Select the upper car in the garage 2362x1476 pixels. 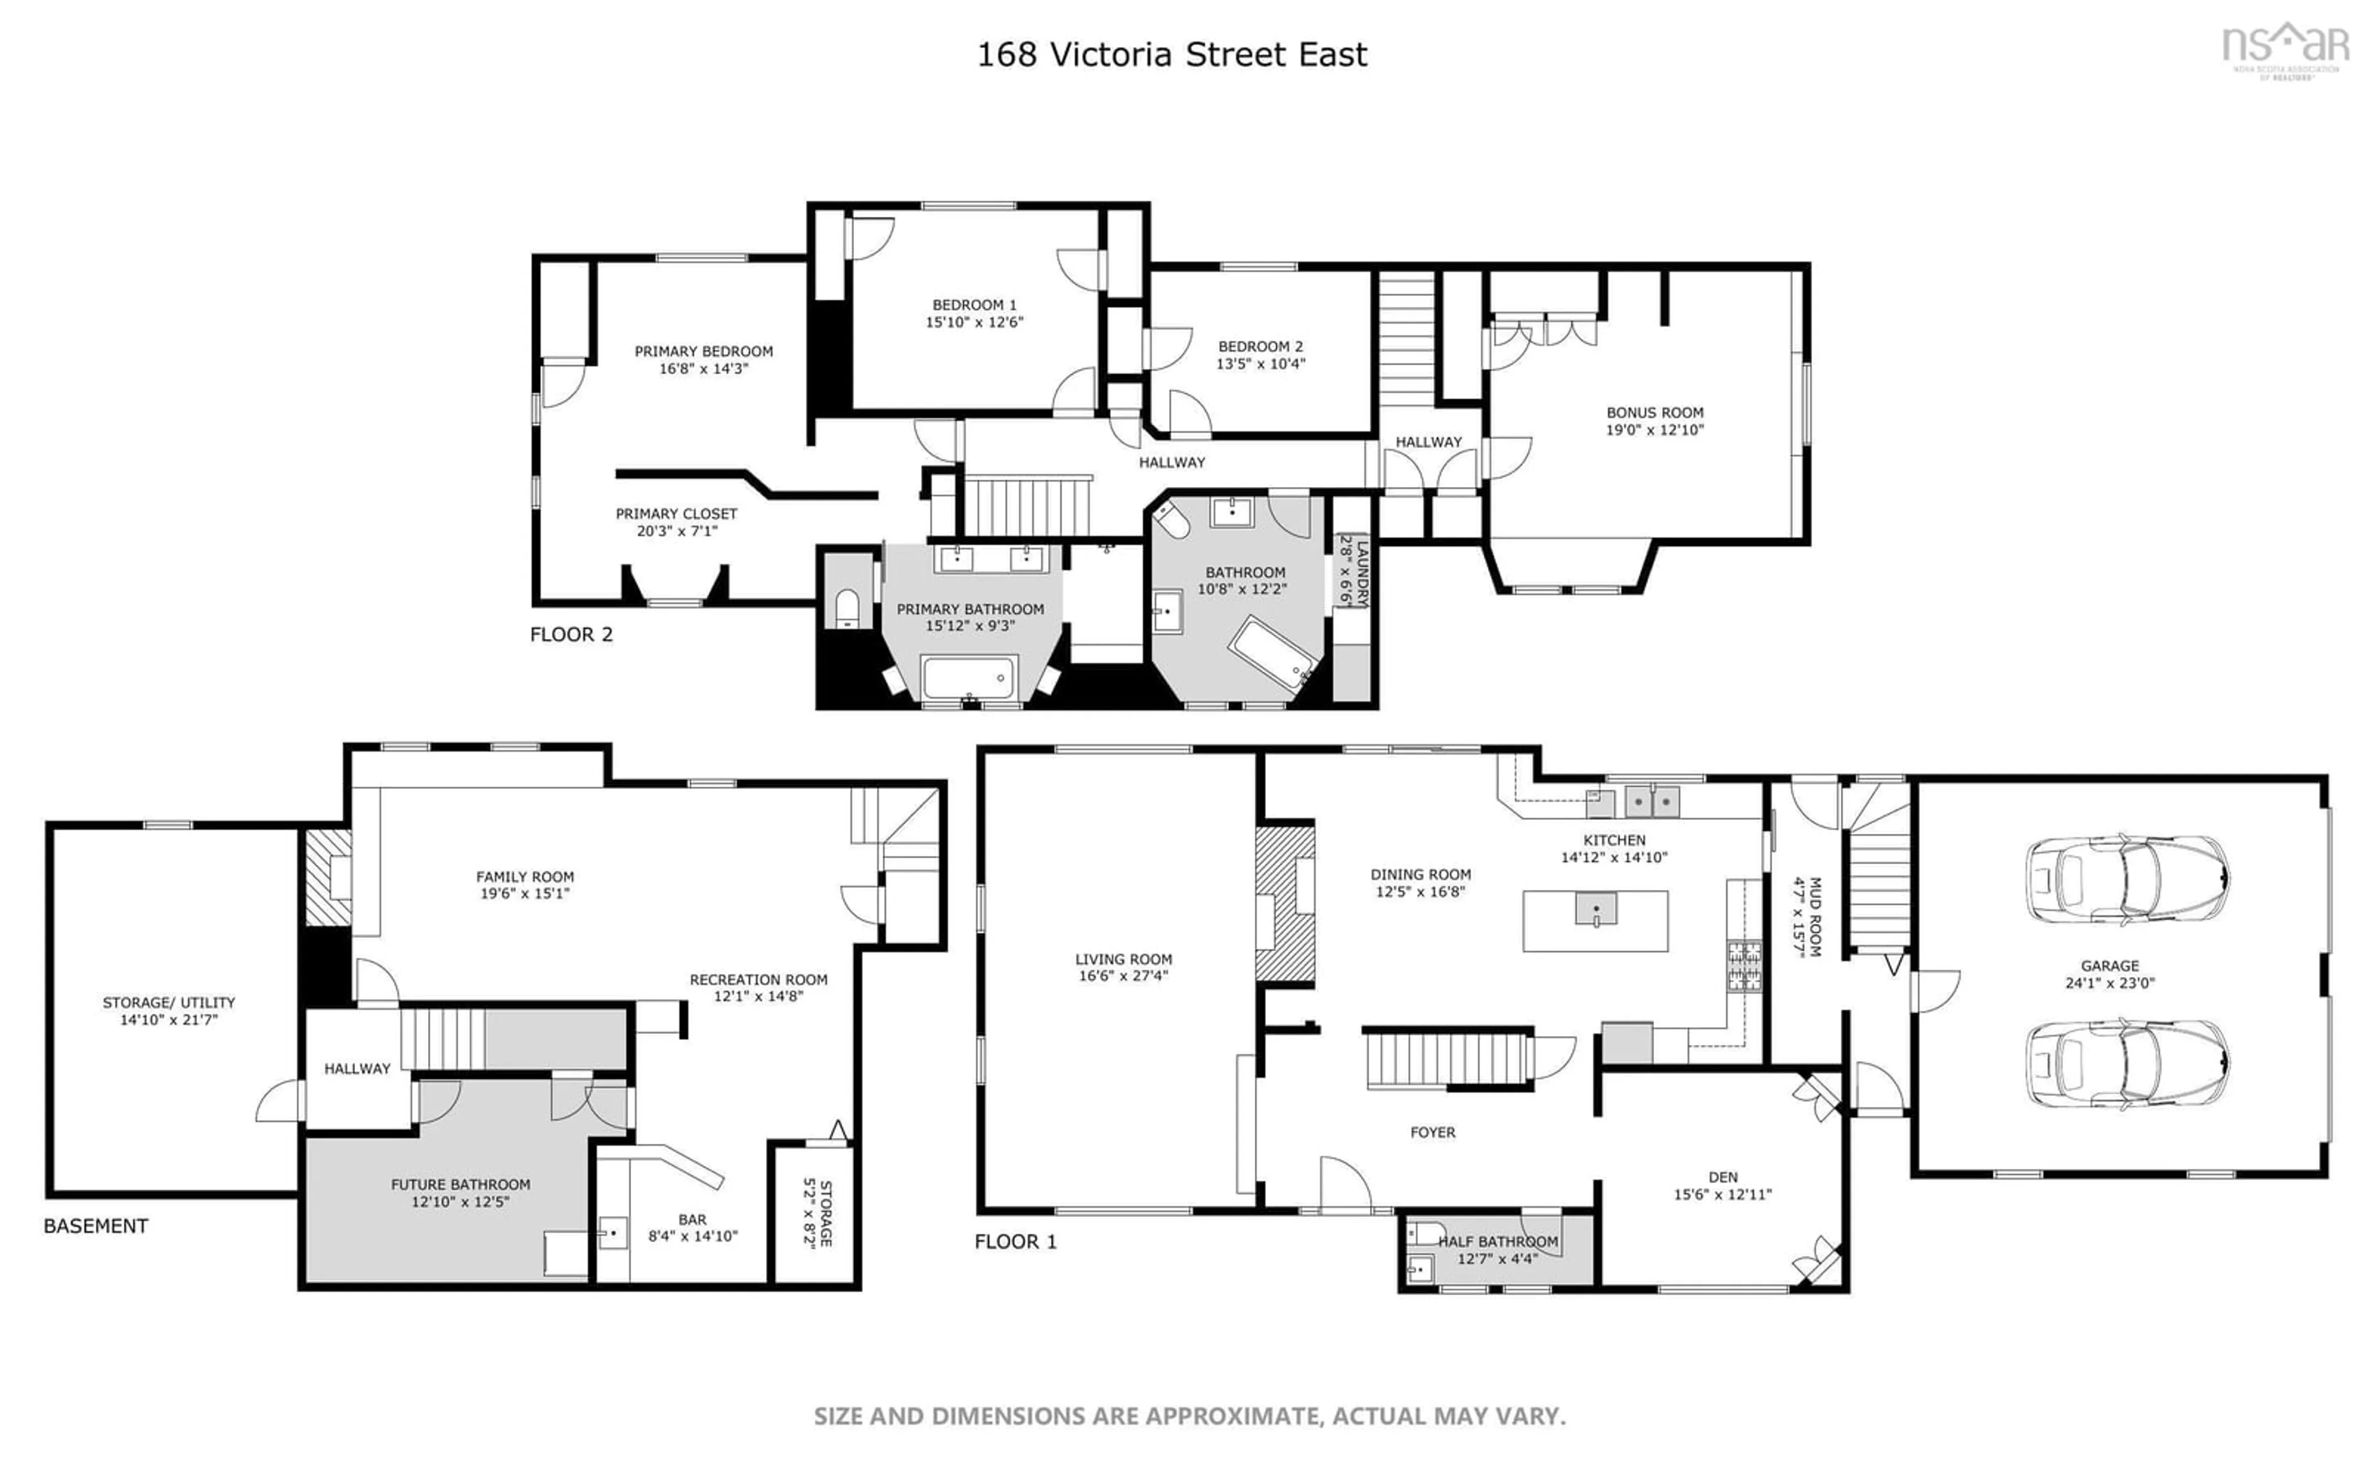[2126, 879]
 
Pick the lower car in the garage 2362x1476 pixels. [2126, 1064]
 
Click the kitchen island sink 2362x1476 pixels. [1595, 909]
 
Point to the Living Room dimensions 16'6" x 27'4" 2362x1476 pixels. [1123, 975]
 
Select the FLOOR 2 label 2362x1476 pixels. [571, 635]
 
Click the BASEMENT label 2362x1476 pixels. [96, 1226]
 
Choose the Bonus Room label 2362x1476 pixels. [1655, 413]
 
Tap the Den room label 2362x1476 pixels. [1723, 1177]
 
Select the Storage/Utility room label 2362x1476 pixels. [169, 1002]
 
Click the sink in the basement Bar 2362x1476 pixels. [612, 1233]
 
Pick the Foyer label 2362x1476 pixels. [1432, 1132]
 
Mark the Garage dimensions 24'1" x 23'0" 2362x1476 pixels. [2109, 983]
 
